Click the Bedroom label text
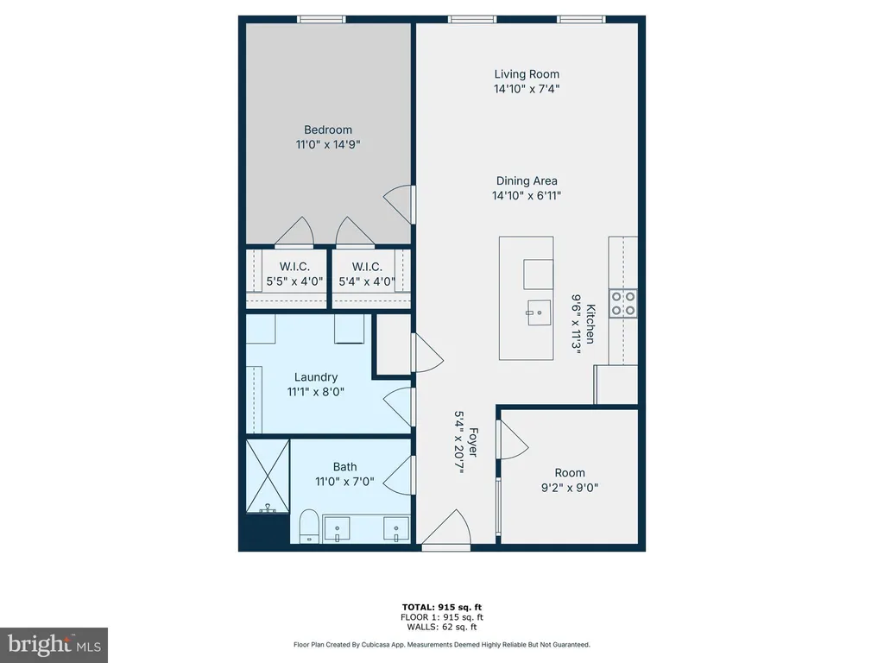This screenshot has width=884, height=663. (327, 129)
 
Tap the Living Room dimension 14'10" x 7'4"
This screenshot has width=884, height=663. (527, 89)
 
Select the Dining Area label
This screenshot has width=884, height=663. (527, 181)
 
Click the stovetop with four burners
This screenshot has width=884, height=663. (623, 303)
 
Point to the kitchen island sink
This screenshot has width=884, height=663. (539, 313)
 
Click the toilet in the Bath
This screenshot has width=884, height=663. (309, 527)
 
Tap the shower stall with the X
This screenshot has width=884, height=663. (268, 477)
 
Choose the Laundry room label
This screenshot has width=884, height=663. (316, 377)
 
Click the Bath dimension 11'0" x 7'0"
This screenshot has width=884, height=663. (344, 482)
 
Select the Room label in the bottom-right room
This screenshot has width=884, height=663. (570, 473)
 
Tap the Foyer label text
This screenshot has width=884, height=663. (473, 443)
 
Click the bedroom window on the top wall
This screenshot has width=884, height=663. (322, 20)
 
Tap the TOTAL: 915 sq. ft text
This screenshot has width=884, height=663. (442, 607)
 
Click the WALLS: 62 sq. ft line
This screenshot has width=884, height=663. (442, 627)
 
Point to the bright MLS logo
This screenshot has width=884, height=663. (54, 645)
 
